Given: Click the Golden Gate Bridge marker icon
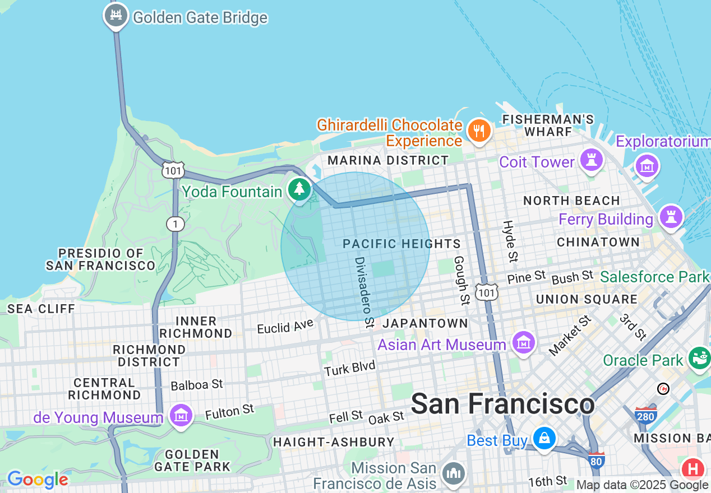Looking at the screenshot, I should click(x=116, y=16).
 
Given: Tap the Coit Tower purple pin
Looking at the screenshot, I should click(x=592, y=160).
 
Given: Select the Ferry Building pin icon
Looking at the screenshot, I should click(x=671, y=217).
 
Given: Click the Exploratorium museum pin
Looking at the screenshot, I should click(x=647, y=165).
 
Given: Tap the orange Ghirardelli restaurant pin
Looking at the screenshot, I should click(x=478, y=131).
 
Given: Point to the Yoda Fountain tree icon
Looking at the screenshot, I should click(x=300, y=189).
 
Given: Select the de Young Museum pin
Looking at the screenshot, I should click(x=181, y=416).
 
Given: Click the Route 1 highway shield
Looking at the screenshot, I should click(x=176, y=224).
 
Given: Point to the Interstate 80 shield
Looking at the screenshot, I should click(x=597, y=460).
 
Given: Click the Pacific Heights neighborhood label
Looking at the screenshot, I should click(x=401, y=244).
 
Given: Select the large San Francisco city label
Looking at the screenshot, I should click(x=502, y=404).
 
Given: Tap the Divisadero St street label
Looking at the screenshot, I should click(x=364, y=292).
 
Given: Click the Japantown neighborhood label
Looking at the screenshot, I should click(x=425, y=323).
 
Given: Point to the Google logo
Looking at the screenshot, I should click(x=38, y=480).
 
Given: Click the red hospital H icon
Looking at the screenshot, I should click(x=694, y=468).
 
